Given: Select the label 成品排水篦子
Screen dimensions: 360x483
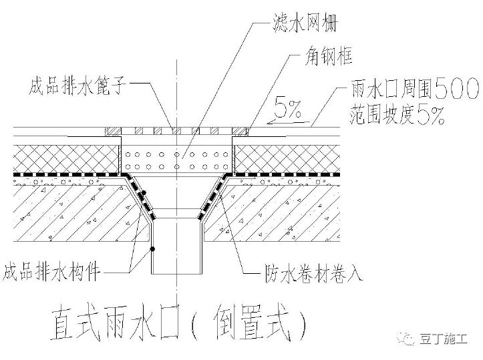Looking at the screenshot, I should point(77,85).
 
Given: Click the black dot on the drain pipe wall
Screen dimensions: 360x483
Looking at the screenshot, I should point(154,249).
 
